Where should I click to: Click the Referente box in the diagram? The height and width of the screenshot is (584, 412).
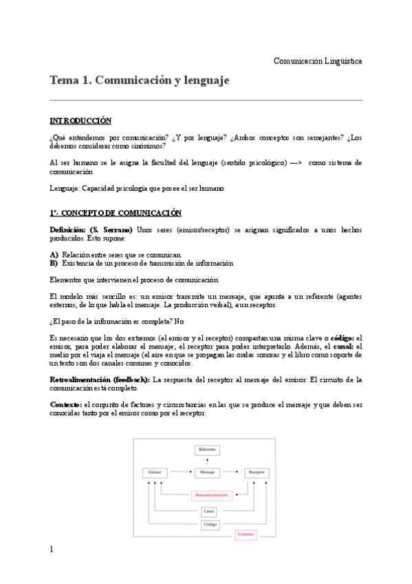click(207, 450)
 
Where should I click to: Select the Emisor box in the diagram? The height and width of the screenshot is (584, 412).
click(153, 473)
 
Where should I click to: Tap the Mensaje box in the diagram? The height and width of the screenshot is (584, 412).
click(207, 473)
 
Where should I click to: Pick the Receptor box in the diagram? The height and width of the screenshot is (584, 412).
click(257, 473)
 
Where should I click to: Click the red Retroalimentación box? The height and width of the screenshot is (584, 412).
click(210, 494)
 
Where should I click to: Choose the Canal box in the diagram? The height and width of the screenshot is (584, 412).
click(210, 512)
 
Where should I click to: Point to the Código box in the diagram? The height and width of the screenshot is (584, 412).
click(210, 524)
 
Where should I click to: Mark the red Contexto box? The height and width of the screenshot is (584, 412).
click(246, 534)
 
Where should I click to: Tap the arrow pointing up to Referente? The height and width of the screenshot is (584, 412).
click(207, 461)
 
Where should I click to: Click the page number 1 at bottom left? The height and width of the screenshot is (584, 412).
click(52, 549)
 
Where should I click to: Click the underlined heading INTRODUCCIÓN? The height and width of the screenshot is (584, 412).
click(80, 121)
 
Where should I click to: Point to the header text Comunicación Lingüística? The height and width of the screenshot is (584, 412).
click(318, 61)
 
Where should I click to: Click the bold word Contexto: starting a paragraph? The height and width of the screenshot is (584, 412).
click(66, 404)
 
